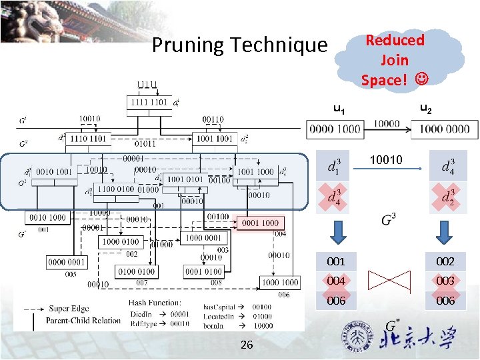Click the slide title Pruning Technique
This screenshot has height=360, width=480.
point(240,45)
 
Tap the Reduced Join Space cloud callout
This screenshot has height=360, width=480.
point(394,59)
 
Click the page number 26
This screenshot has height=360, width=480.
point(246,345)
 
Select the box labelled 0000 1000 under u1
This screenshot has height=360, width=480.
point(335,129)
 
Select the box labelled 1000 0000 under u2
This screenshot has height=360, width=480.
point(444,129)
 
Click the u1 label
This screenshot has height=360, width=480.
point(339,109)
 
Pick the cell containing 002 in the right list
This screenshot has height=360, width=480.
point(445,261)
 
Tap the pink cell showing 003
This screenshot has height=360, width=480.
point(445,281)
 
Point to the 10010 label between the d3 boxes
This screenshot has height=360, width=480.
point(387,160)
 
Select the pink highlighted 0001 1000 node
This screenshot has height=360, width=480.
point(261,223)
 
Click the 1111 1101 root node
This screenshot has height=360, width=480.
point(149,103)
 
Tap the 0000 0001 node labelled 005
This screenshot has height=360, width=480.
point(66,262)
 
